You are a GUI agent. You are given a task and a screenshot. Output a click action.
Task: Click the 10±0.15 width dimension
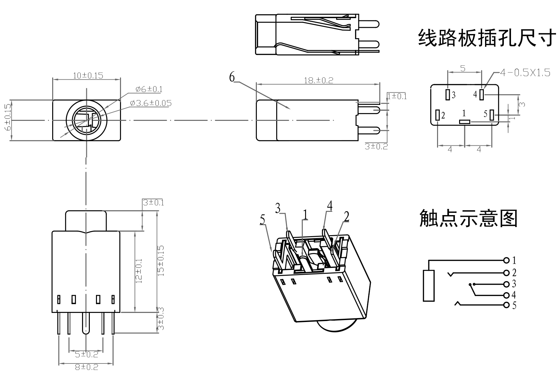point(88,75)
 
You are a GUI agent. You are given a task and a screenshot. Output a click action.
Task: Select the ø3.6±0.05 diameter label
point(151,103)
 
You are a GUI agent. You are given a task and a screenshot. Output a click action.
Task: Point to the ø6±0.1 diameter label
point(149,89)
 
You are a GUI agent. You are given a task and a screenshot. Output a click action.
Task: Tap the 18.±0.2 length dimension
point(318,80)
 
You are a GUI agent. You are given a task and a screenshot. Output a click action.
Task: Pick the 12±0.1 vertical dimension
point(139,271)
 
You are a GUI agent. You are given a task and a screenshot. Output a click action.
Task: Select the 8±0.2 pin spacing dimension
point(87,367)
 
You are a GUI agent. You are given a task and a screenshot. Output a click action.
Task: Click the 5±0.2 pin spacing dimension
point(87,354)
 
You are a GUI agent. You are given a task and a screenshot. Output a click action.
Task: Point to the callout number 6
point(232,77)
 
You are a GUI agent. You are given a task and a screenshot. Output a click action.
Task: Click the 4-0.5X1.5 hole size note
point(525,73)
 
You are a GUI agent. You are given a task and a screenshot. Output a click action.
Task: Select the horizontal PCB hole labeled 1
point(465,122)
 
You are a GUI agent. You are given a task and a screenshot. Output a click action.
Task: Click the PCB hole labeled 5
point(492,115)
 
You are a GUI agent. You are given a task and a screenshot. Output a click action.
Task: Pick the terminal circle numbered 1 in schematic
point(506,260)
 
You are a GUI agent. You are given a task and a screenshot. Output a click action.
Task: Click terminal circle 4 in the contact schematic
point(506,295)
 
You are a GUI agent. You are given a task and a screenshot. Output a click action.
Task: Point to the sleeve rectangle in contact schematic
point(428,285)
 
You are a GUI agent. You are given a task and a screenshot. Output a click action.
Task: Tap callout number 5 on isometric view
point(262,220)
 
